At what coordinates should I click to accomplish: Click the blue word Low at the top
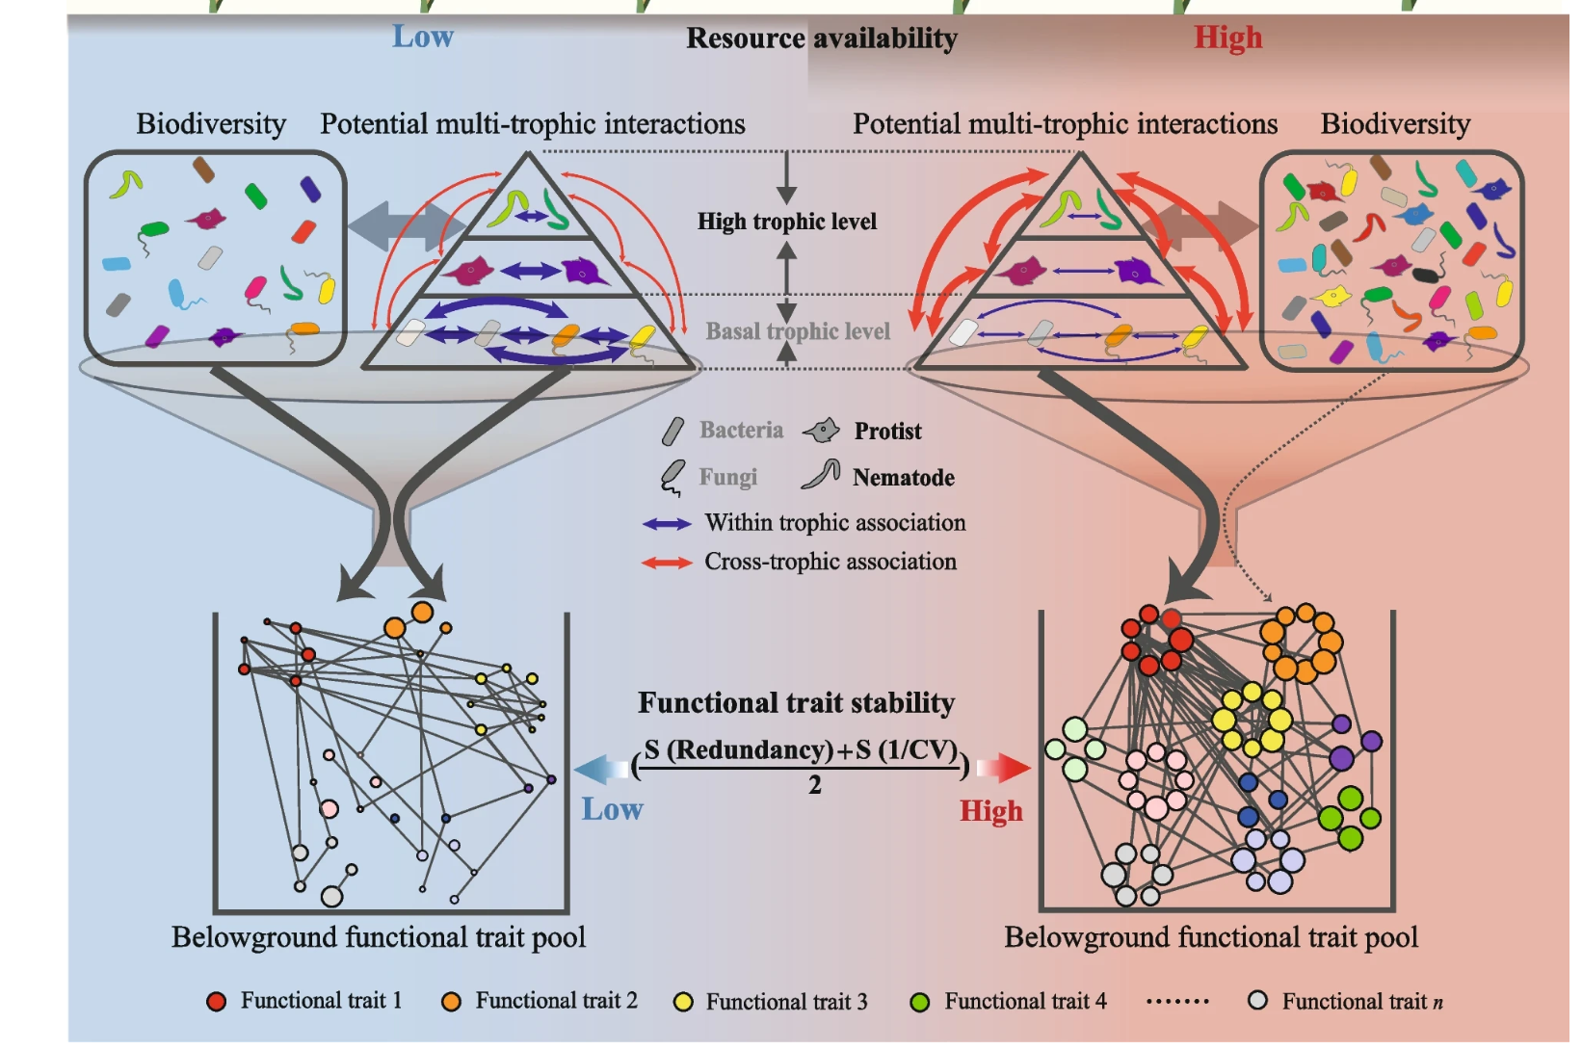coord(422,37)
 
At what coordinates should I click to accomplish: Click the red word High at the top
coord(1227,38)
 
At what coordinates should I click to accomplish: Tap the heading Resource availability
coord(821,39)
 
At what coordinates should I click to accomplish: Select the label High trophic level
coord(787,222)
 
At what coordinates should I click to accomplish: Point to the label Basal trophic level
coord(798,331)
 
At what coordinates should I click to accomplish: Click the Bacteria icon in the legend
coord(672,431)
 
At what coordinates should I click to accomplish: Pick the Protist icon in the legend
coord(822,431)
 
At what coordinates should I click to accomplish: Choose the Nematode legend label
coord(903,478)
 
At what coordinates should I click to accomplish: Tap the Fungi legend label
coord(727,478)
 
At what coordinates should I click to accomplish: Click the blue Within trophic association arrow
coord(667,524)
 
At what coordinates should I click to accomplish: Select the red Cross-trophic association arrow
coord(667,563)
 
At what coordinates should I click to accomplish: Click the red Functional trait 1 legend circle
coord(217,1002)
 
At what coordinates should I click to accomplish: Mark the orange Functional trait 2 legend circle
coord(451,1002)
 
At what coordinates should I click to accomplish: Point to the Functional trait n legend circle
coord(1257,1001)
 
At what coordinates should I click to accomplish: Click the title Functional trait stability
coord(796,703)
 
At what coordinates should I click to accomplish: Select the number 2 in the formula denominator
coord(815,785)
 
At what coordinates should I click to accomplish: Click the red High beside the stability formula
coord(990,811)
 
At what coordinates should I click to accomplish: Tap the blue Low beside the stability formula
coord(612,809)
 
